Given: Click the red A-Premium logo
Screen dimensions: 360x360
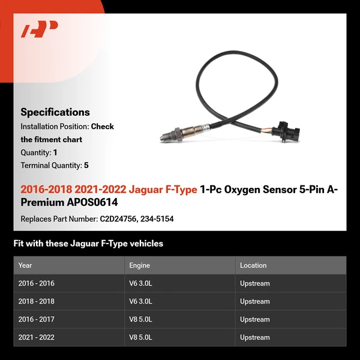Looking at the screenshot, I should [40, 29].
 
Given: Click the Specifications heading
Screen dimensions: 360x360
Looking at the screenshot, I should [55, 112].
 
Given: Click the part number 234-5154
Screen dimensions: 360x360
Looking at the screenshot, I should [158, 219].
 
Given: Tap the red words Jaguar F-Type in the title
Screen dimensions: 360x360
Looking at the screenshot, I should [163, 190].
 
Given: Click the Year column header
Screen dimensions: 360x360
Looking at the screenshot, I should [25, 265].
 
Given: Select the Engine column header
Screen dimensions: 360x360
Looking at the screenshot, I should [139, 265].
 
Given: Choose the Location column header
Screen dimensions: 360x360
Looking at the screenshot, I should [253, 265].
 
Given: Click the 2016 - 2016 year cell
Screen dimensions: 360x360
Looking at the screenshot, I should [36, 283].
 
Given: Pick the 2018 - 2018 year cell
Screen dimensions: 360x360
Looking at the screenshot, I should [36, 301].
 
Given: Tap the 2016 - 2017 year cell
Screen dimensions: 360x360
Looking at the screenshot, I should [36, 319].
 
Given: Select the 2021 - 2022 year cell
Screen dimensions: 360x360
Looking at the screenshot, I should [36, 337].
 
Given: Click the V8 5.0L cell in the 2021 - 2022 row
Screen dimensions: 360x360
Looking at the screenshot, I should [140, 337].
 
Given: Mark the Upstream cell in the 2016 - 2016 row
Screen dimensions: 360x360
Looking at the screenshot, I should [255, 283].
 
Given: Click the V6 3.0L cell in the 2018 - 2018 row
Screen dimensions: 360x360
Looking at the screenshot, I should [140, 301].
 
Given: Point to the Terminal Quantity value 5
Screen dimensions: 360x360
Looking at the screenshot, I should [86, 166].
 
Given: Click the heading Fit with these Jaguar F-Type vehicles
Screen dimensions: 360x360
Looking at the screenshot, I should [88, 244].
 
